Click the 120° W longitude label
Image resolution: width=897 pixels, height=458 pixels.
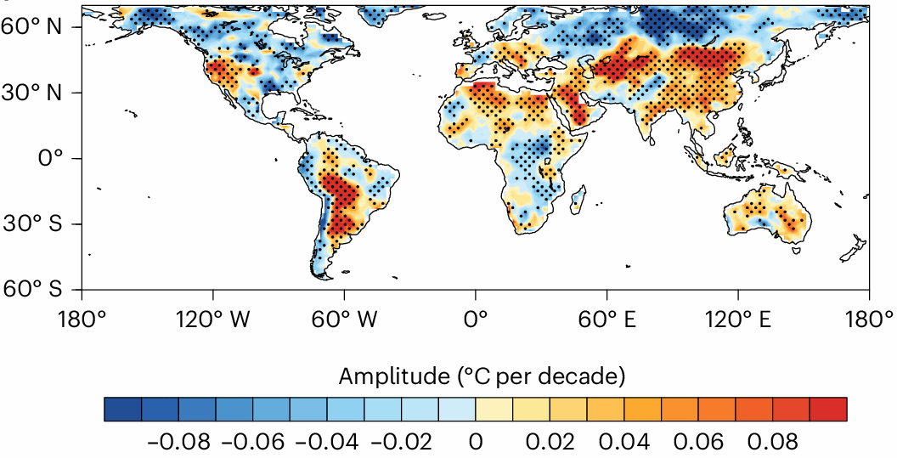click(x=212, y=321)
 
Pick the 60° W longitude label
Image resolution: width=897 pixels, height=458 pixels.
click(x=343, y=321)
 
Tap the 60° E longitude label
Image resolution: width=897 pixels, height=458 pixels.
click(x=606, y=321)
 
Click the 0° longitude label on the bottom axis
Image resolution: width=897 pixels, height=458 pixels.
click(x=475, y=321)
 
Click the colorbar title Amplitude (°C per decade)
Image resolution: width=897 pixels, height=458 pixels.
click(x=482, y=375)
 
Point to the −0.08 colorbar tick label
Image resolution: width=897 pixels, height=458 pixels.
click(x=178, y=443)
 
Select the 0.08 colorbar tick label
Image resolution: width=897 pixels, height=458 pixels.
click(x=773, y=443)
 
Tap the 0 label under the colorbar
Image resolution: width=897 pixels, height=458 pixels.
click(x=476, y=443)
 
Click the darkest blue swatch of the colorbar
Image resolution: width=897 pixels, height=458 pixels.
click(x=122, y=410)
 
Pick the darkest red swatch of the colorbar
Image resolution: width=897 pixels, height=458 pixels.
click(x=829, y=410)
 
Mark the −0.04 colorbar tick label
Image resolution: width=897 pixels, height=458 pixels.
click(x=327, y=443)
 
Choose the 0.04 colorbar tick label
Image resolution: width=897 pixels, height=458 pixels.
click(x=624, y=443)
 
